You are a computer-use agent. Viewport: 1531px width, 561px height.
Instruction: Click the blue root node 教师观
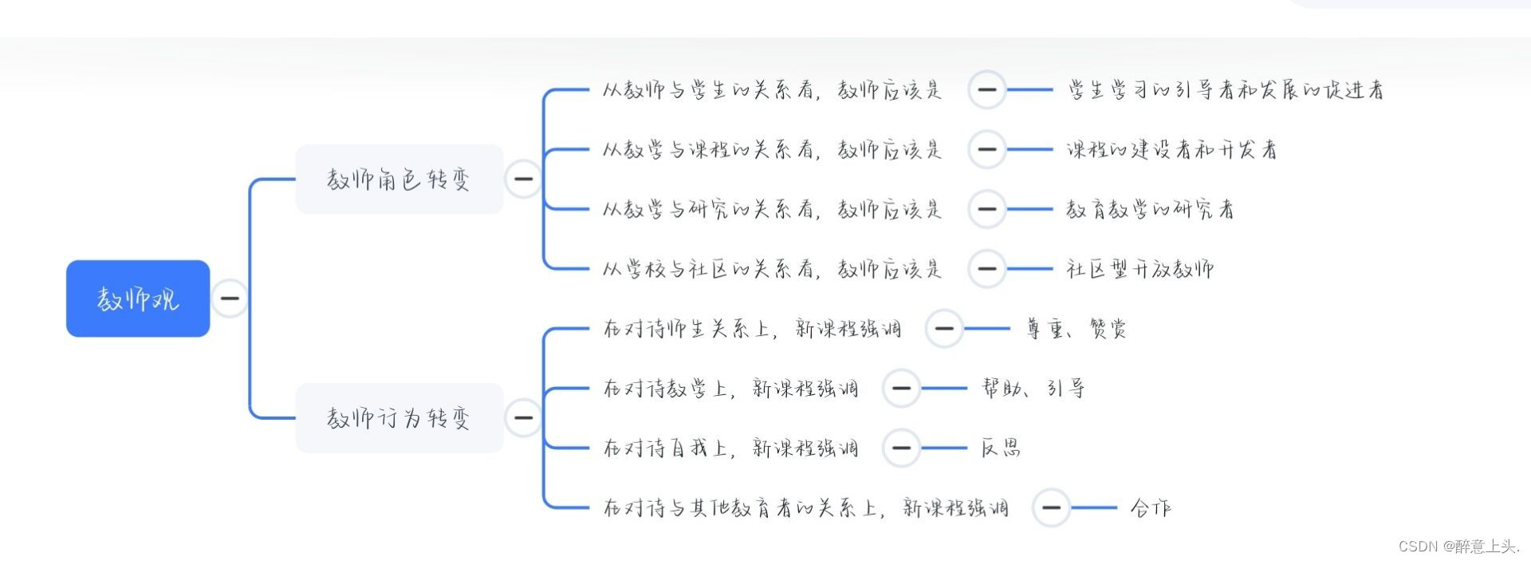tap(138, 298)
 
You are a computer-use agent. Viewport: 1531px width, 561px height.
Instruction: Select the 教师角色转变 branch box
tap(399, 179)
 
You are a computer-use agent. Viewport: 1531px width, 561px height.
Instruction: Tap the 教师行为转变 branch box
tap(399, 417)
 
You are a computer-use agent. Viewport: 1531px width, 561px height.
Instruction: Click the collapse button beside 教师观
tap(230, 298)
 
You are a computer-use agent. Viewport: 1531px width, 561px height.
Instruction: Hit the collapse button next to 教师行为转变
tap(523, 417)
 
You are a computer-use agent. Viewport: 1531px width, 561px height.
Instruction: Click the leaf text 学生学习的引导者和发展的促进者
tap(1226, 90)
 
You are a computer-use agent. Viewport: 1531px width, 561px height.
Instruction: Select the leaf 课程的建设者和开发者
tap(1171, 149)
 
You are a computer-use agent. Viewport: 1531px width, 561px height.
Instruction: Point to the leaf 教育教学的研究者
tap(1150, 209)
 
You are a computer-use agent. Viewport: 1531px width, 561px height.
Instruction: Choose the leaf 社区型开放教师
tap(1139, 269)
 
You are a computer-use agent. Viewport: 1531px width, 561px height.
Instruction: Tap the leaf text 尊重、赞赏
tap(1076, 329)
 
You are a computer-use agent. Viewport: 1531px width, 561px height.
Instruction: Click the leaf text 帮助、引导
tap(1033, 389)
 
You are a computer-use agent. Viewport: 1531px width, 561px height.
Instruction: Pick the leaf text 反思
tap(1001, 448)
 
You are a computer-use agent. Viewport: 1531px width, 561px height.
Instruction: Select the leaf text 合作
tap(1150, 508)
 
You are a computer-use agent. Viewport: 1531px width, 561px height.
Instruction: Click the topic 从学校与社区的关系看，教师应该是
tap(772, 269)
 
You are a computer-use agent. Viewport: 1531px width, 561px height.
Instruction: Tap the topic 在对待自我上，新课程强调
tap(730, 448)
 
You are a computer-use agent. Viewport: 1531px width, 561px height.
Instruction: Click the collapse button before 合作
tap(1051, 508)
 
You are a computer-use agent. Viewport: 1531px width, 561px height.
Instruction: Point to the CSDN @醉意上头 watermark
tap(1458, 547)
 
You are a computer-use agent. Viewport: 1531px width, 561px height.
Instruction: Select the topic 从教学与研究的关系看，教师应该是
tap(772, 209)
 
